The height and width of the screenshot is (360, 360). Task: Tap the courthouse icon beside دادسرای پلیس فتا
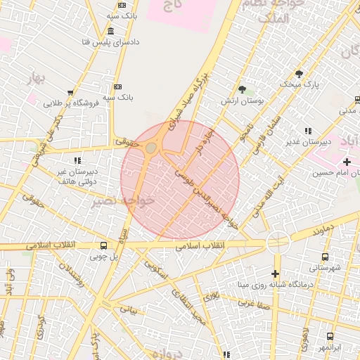tap(112, 31)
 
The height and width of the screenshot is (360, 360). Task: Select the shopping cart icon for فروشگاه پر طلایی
tap(70, 92)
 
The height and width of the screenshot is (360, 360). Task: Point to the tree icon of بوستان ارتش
tap(243, 89)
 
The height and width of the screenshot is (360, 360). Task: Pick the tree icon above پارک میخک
tap(300, 73)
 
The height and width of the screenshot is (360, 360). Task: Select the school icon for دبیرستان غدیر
tap(308, 131)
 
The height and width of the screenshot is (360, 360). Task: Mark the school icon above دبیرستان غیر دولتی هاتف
tap(77, 160)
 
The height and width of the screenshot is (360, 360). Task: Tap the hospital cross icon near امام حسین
tap(347, 162)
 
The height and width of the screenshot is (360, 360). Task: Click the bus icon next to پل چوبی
tap(104, 246)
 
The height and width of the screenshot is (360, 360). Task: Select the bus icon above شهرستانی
tap(324, 257)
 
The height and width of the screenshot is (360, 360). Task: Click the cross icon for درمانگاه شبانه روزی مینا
tap(275, 274)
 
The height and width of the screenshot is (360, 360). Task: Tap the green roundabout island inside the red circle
tap(152, 148)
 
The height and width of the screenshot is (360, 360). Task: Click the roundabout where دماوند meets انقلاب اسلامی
tap(278, 242)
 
